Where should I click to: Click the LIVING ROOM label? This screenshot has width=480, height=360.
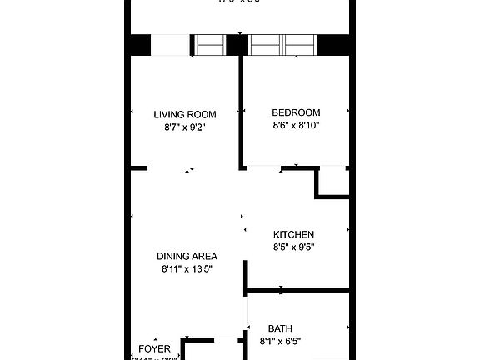185,115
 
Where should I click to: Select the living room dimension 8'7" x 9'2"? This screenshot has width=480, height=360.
185,127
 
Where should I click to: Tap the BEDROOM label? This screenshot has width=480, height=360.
296,112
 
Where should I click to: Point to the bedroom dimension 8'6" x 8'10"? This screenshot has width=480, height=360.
296,125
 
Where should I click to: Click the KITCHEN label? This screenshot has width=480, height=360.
293,234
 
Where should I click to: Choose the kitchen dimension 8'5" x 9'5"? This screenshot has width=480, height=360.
293,247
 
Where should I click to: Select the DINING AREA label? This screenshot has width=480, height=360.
187,256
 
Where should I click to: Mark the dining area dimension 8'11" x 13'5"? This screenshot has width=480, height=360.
187,269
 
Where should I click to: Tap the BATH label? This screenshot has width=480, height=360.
280,328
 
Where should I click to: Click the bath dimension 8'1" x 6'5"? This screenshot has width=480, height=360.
280,341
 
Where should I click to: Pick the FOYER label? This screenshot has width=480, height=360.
154,348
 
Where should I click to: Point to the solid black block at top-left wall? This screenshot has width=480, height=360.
138,45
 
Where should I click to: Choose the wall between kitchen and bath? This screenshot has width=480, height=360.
297,290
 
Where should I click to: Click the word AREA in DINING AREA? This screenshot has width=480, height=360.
204,256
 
